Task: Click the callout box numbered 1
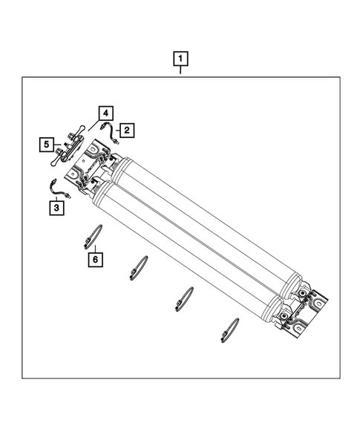coord(180,57)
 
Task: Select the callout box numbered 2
coord(127,131)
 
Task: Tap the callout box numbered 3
coord(56,208)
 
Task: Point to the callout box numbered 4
coord(106,114)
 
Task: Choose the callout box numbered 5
coord(46,143)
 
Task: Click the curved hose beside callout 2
coord(111,133)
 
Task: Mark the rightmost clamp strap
coord(229,329)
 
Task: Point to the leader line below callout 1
coord(180,71)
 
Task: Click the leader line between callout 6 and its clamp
coord(94,248)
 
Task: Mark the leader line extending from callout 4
coord(95,123)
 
